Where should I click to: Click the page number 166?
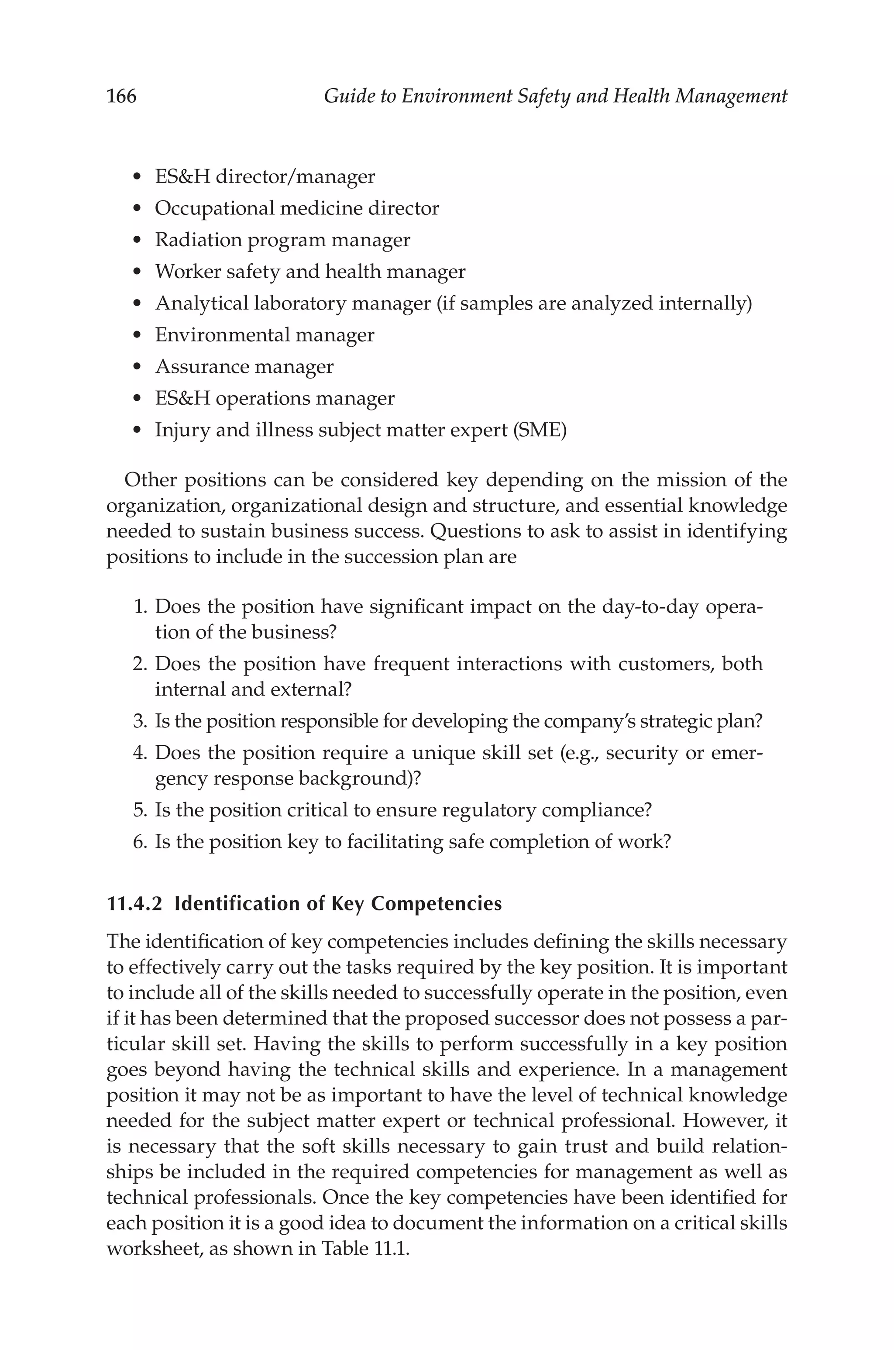pos(121,96)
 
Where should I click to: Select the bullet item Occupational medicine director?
pos(296,208)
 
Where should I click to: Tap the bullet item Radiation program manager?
pos(282,240)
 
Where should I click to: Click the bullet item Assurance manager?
pos(244,367)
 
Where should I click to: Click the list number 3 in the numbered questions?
pos(140,721)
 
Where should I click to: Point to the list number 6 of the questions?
pos(140,841)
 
